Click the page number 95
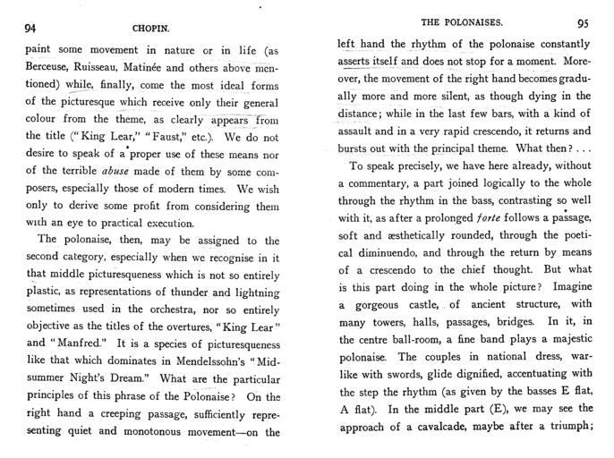[x=583, y=24]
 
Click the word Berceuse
[x=52, y=72]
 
